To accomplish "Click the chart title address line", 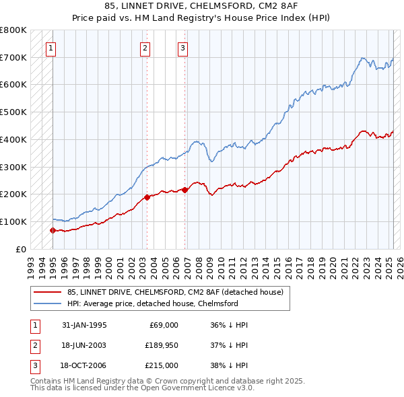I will pos(201,5).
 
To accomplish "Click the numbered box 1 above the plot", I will pos(52,48).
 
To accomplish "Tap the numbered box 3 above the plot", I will pos(182,48).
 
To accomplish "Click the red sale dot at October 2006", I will pos(184,190).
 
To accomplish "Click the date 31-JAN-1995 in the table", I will pos(84,325).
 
